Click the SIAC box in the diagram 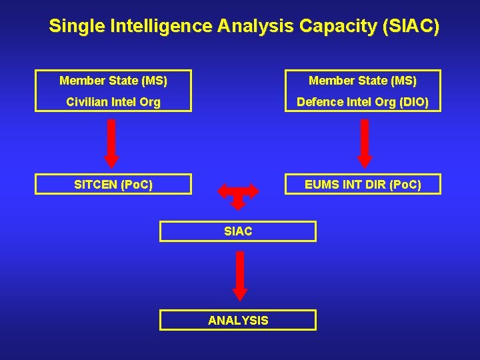237,231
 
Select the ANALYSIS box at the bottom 237,321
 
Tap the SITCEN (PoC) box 113,184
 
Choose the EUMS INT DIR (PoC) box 363,184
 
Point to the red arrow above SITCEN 111,143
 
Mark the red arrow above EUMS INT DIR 365,143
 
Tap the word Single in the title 73,27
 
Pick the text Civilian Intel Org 113,102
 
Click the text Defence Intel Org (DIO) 363,102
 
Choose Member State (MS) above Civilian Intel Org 113,81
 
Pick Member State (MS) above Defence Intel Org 363,81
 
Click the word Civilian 90,102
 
